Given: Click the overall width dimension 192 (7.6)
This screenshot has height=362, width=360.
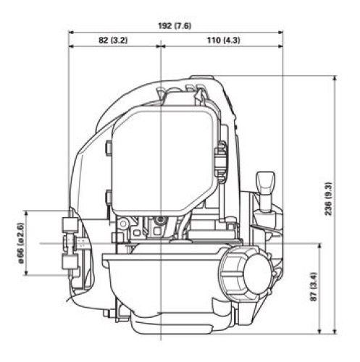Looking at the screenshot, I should (x=175, y=25).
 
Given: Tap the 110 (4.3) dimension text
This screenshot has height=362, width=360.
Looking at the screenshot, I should (x=222, y=39).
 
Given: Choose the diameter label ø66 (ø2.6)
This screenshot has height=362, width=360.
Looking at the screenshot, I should (x=20, y=243).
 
